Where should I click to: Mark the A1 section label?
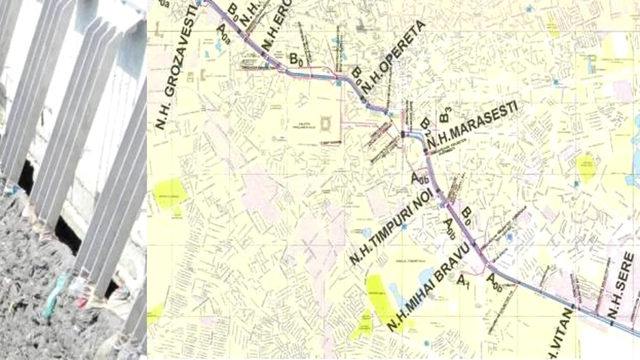point(463,280)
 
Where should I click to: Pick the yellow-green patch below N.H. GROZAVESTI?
point(170,192)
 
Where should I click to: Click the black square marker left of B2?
point(402,133)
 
